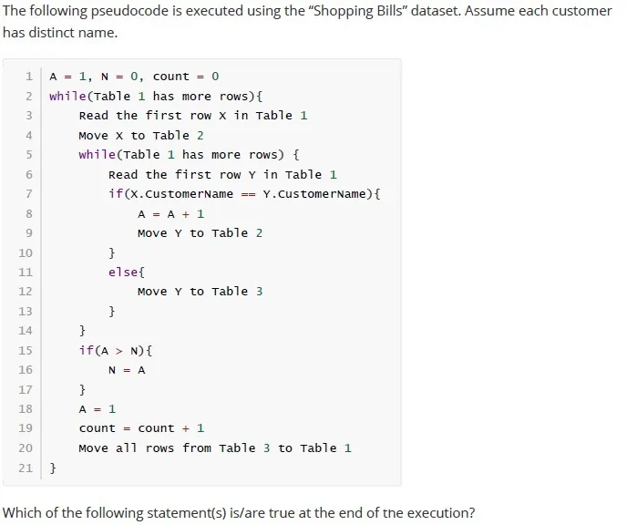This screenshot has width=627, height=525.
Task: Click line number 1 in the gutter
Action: coord(29,76)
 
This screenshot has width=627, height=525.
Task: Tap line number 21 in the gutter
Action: coord(26,468)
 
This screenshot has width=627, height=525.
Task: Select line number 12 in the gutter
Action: coord(26,291)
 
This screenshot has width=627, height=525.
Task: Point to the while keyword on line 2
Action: coord(67,96)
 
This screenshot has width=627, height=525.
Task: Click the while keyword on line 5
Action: coord(98,154)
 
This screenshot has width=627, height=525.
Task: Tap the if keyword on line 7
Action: coord(116,193)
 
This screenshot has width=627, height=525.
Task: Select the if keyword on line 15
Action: coord(87,350)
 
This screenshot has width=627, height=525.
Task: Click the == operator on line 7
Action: coord(248,194)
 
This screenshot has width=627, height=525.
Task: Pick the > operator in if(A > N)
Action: coord(119,351)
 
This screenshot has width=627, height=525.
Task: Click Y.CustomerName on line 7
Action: coord(314,194)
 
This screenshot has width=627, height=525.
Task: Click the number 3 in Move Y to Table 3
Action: coord(259,292)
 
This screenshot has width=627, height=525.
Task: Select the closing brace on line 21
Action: coord(53,468)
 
